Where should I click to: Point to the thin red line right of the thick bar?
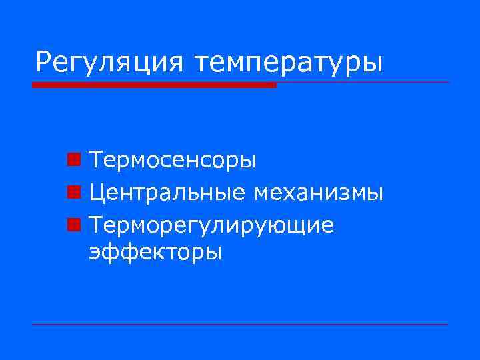(x=363, y=83)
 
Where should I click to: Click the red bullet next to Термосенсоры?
(x=74, y=160)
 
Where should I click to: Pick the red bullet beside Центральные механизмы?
(x=74, y=193)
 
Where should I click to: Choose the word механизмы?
(x=318, y=193)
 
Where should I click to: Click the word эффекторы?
(x=155, y=253)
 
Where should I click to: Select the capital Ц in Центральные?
(x=98, y=194)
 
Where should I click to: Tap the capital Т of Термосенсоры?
(x=97, y=161)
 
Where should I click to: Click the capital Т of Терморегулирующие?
(x=97, y=226)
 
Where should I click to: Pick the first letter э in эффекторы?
(x=95, y=254)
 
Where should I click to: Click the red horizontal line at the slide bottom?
(x=240, y=324)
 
